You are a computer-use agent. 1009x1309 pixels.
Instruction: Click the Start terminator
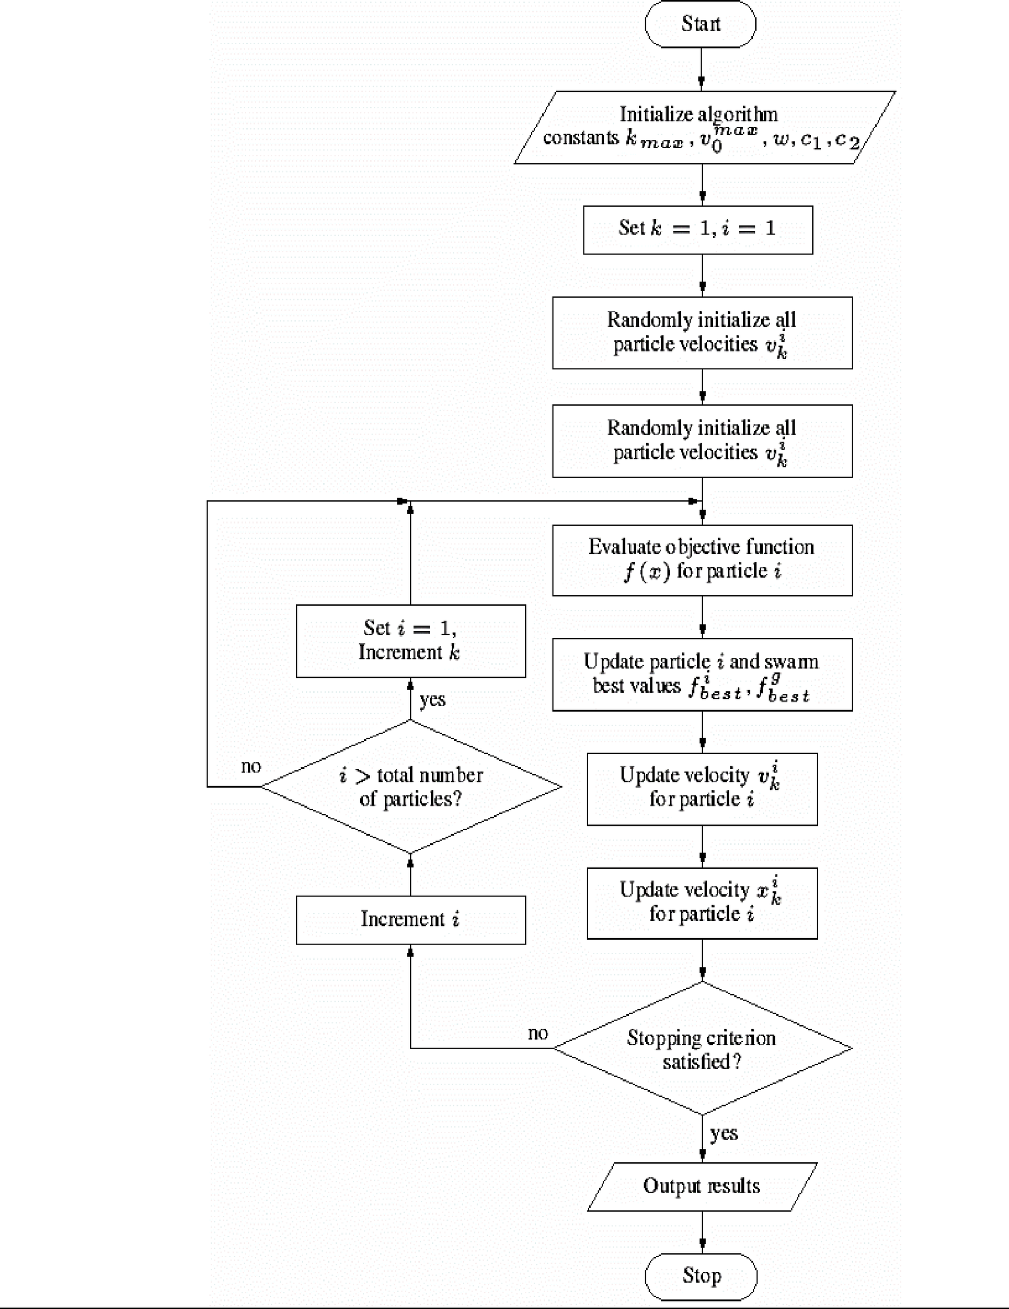pos(700,24)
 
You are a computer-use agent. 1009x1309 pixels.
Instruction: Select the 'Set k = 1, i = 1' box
pos(698,230)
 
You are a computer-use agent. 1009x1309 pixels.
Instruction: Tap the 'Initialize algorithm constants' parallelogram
pos(704,127)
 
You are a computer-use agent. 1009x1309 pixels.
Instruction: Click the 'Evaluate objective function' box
pos(702,560)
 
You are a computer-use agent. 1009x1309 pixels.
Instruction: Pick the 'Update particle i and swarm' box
pos(702,674)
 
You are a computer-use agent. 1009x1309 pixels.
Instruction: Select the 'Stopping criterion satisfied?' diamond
pos(702,1048)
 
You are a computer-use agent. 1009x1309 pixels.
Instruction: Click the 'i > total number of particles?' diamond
pos(411,786)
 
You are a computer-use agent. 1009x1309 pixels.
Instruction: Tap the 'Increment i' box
pos(411,919)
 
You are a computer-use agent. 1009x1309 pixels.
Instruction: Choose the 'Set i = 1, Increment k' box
pos(411,641)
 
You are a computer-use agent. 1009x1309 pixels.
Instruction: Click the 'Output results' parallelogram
pos(702,1186)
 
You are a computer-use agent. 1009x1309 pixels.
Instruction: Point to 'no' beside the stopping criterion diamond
pos(537,1033)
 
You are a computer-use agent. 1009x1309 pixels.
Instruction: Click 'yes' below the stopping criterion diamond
pos(724,1133)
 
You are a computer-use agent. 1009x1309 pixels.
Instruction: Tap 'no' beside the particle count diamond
pos(251,766)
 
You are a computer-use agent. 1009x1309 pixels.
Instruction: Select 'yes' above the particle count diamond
pos(432,699)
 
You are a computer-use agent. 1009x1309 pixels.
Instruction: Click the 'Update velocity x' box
pos(702,903)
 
